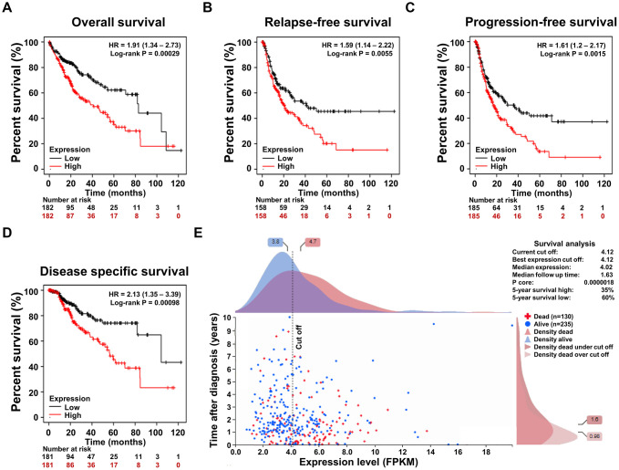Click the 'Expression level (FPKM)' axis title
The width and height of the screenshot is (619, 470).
tap(373, 464)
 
